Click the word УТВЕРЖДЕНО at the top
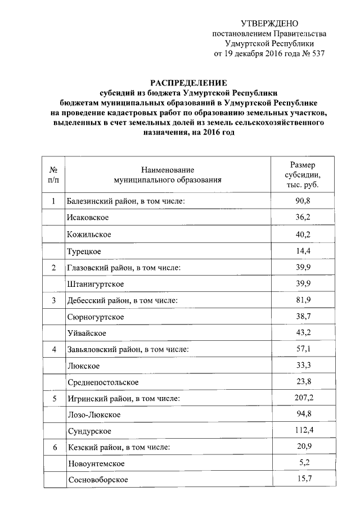tap(269, 23)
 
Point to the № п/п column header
tap(53, 175)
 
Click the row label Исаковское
tap(87, 217)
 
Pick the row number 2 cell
tap(53, 267)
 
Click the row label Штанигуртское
tap(95, 283)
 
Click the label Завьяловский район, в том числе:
tap(127, 350)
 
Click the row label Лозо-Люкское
tap(93, 415)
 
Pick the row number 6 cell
tap(53, 448)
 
